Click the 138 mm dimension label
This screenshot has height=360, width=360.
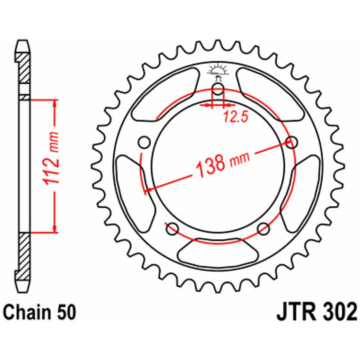click(x=222, y=163)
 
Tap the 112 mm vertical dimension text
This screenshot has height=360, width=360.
click(x=51, y=158)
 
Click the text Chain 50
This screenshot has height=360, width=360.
click(x=39, y=312)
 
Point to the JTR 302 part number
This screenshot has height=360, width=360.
click(x=317, y=312)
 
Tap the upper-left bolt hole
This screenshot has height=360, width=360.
click(x=144, y=142)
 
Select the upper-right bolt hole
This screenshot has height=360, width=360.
click(x=292, y=142)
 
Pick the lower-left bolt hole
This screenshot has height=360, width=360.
click(x=172, y=229)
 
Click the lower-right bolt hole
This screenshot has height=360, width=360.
click(x=263, y=229)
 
